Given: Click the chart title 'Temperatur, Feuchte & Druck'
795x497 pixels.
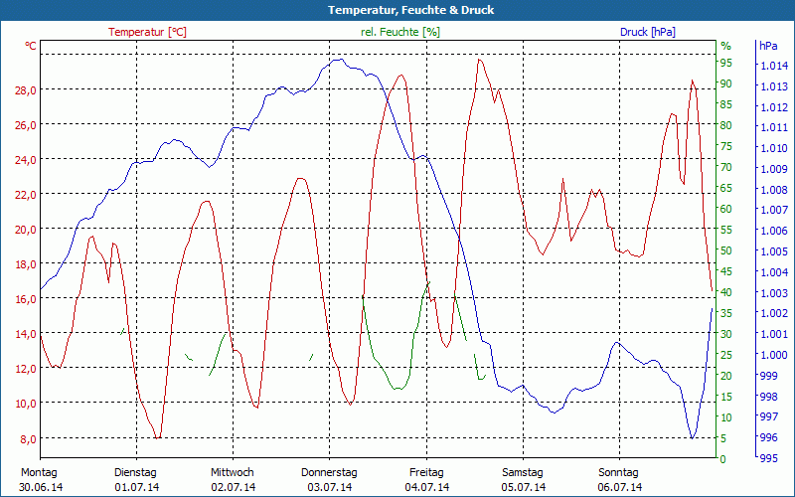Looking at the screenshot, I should point(397,10).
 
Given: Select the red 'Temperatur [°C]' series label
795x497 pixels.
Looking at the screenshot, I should point(147,32).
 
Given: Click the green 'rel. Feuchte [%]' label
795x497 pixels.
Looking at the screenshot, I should point(400,32).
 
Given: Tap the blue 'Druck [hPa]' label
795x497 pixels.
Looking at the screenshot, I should point(647,32).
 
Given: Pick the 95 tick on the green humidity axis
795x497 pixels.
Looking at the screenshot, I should point(725,64).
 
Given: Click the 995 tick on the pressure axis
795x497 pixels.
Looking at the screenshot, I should point(768,458).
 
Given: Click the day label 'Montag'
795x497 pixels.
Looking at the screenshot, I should point(39,472).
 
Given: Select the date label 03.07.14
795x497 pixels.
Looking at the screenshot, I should point(329,487).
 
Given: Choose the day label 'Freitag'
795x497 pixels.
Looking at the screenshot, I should point(426,472).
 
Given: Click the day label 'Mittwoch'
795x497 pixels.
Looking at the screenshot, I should point(233,472).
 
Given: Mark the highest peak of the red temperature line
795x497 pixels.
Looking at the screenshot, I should point(479,60).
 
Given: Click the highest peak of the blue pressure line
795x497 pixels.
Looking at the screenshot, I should point(340,60).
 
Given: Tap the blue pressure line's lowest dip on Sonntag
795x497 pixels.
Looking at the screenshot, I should point(692,437).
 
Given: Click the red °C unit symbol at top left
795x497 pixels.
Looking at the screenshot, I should point(31,46).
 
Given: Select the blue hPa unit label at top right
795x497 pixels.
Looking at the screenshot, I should point(768,46).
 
